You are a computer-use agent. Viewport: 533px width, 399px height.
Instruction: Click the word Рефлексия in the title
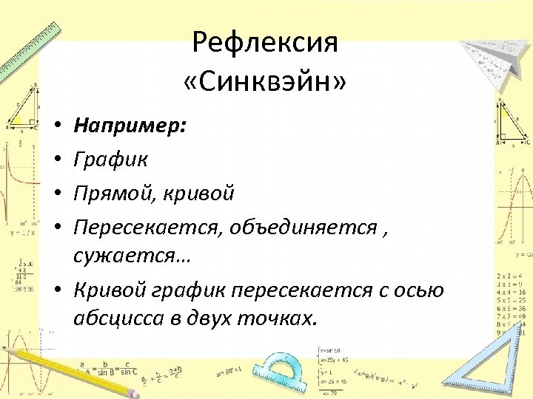[x=264, y=42]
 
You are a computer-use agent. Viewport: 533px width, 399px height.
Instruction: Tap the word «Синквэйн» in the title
[x=264, y=80]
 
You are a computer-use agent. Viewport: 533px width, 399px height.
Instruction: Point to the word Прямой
[x=118, y=193]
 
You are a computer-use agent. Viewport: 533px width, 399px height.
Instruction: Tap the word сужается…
[x=131, y=257]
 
